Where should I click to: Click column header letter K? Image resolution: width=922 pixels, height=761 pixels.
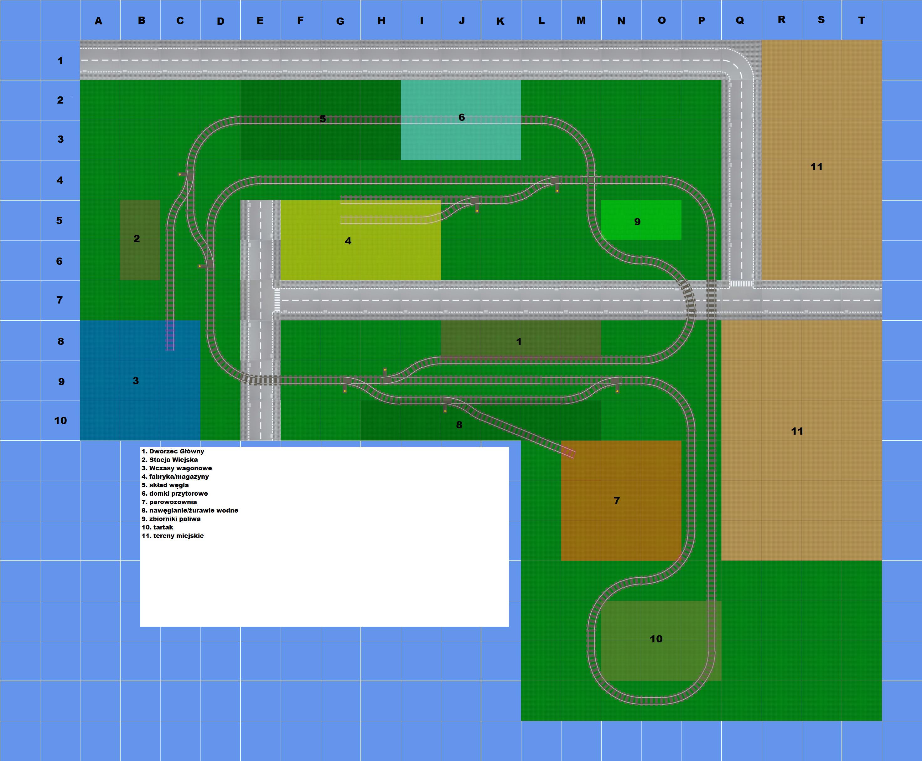click(x=500, y=21)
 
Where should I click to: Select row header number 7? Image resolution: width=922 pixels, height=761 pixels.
click(x=60, y=300)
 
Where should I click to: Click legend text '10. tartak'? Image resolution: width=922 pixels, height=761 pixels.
click(x=157, y=527)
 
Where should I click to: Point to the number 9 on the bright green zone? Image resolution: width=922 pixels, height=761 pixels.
click(x=637, y=222)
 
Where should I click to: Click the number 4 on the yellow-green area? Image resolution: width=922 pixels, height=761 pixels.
click(x=348, y=241)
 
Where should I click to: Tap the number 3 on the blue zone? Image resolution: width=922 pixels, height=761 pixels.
click(x=136, y=380)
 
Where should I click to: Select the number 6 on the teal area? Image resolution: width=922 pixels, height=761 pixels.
click(x=461, y=117)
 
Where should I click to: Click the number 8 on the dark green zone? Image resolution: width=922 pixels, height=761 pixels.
click(x=459, y=424)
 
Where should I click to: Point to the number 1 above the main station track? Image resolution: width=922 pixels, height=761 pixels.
click(x=519, y=341)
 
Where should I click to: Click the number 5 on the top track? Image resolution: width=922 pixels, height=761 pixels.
click(x=322, y=119)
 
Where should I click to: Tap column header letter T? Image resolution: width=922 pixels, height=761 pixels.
click(x=862, y=21)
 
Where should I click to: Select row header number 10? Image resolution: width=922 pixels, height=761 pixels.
click(x=60, y=421)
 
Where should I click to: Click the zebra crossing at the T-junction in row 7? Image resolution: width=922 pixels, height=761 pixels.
click(x=277, y=300)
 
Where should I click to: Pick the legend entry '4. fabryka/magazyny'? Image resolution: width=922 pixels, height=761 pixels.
click(x=175, y=477)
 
